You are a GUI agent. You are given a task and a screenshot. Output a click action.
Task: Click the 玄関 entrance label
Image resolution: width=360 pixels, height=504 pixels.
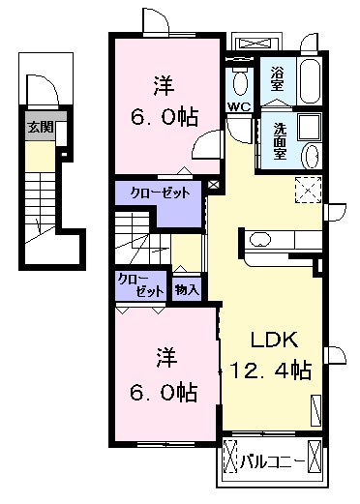coord(40,128)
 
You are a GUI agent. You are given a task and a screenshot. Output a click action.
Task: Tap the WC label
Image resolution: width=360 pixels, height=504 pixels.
coord(239,106)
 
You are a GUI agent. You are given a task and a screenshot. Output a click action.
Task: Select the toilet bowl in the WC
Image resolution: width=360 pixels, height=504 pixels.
coord(240,83)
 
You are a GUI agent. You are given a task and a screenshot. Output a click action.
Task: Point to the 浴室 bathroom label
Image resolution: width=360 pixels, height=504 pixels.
coord(277,78)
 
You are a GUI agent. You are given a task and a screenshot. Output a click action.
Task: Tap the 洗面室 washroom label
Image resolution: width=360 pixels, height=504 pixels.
coord(280,141)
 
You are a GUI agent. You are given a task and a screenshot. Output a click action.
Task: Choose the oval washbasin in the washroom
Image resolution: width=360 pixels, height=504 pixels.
coord(313,157)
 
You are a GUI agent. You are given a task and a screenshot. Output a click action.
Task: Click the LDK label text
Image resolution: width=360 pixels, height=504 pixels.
coord(274,341)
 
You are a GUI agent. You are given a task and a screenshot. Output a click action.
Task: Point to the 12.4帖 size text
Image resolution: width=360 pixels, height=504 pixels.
coord(271,371)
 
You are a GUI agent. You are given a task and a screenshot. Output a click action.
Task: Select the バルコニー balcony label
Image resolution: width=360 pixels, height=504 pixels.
coord(273,463)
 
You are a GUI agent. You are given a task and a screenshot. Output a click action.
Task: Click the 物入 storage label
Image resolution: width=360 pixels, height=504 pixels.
coord(187,290)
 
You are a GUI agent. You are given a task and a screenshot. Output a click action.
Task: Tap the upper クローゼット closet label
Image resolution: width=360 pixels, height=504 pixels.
coord(160,193)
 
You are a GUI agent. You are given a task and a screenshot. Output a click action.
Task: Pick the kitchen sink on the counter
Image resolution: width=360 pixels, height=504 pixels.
coord(260,240)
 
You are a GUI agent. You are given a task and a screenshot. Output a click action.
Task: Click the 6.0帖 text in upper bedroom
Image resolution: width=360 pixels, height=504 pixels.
coord(165,117)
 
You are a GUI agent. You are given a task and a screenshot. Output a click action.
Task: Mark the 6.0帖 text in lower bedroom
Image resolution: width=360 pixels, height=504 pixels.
coord(164,392)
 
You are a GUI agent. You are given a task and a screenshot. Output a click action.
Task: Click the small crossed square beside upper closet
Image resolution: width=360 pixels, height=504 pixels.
coord(213,185)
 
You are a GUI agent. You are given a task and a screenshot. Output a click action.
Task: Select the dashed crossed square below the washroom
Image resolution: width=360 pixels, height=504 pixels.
coord(309,190)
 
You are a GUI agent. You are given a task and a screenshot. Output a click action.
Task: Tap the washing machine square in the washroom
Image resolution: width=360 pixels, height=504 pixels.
coord(310,128)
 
